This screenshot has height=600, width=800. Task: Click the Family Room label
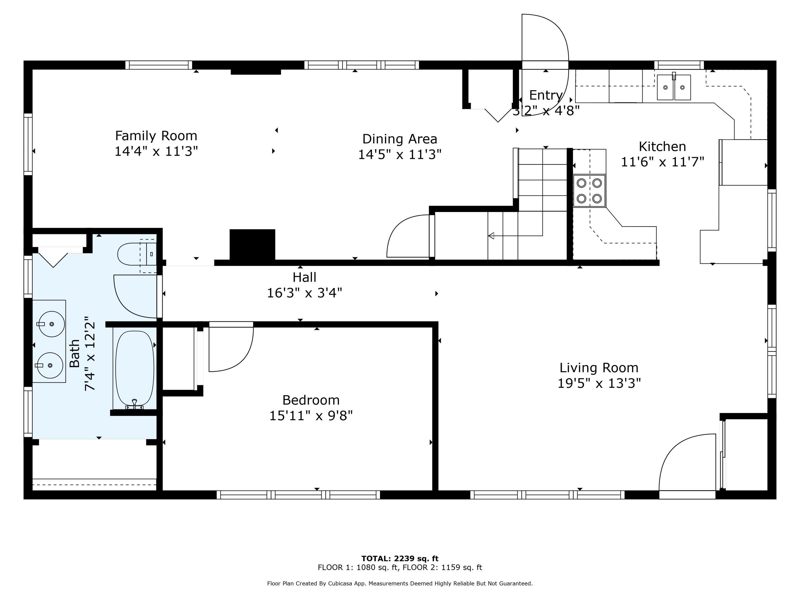(156, 136)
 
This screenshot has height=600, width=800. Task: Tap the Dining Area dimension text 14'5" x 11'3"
(400, 155)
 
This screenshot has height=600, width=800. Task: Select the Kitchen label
(662, 146)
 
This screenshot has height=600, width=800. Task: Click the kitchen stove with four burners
(589, 191)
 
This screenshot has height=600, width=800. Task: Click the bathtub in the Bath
(135, 368)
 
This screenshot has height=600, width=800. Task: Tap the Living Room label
(599, 368)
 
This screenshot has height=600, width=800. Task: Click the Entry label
(546, 95)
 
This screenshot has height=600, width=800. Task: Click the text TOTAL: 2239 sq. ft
(400, 559)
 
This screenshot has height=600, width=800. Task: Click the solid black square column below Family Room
(253, 245)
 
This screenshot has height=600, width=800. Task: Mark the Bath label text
(74, 353)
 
